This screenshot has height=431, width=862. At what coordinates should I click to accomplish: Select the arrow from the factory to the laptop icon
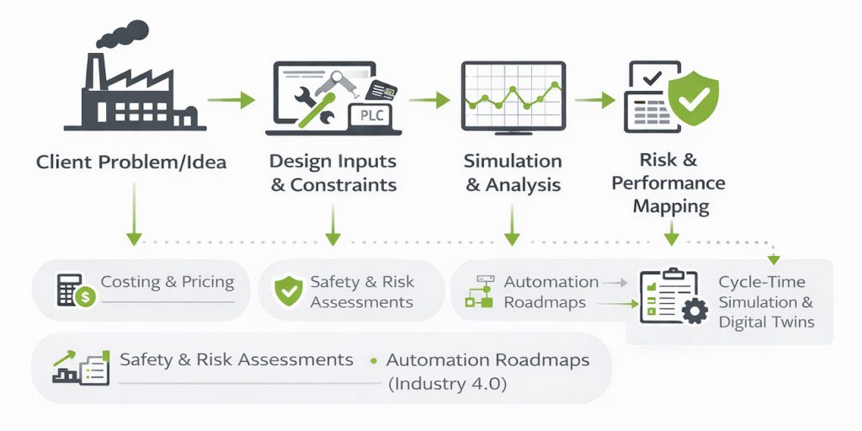pyautogui.click(x=231, y=101)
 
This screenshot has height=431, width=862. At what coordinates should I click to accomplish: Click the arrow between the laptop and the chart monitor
pyautogui.click(x=429, y=99)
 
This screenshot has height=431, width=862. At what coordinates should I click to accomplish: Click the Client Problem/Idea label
pyautogui.click(x=131, y=162)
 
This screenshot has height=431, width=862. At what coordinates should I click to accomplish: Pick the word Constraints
pyautogui.click(x=344, y=184)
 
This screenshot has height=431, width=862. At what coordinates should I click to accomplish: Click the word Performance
pyautogui.click(x=668, y=183)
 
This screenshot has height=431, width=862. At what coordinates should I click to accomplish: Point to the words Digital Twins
pyautogui.click(x=766, y=322)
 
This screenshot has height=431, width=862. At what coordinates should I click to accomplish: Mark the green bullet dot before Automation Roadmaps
pyautogui.click(x=373, y=361)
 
